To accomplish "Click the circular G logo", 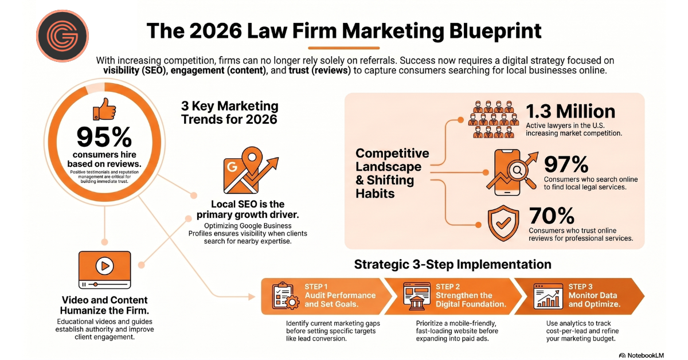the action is coord(62,36).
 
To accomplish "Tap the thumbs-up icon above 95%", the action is coord(104,109).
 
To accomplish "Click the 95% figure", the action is coord(104,138).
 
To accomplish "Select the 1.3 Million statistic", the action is coord(570,111).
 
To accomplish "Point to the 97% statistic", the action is coord(566,165).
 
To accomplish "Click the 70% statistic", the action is coord(552,216).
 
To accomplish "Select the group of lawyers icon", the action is coord(493,119).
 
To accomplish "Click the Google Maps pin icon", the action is coord(251,170).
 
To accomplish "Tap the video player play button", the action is coord(104,265).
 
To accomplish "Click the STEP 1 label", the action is coord(316,287).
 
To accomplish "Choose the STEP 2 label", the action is coord(448,287).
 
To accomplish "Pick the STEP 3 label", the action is coord(580,287).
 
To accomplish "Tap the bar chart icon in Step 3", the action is coord(548,296).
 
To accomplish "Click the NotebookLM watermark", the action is coord(642,355).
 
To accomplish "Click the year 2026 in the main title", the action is coord(216,31).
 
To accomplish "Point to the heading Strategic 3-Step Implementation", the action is coord(452,264).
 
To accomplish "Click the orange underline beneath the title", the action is coord(343,48).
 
